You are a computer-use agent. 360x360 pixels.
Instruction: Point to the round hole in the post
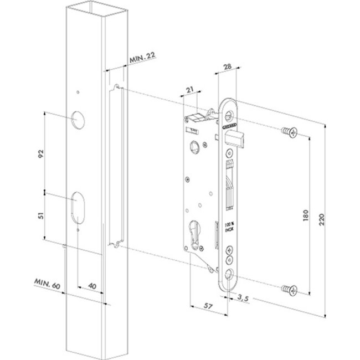tap(76, 118)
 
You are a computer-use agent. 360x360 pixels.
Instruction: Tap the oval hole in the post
tap(76, 207)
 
